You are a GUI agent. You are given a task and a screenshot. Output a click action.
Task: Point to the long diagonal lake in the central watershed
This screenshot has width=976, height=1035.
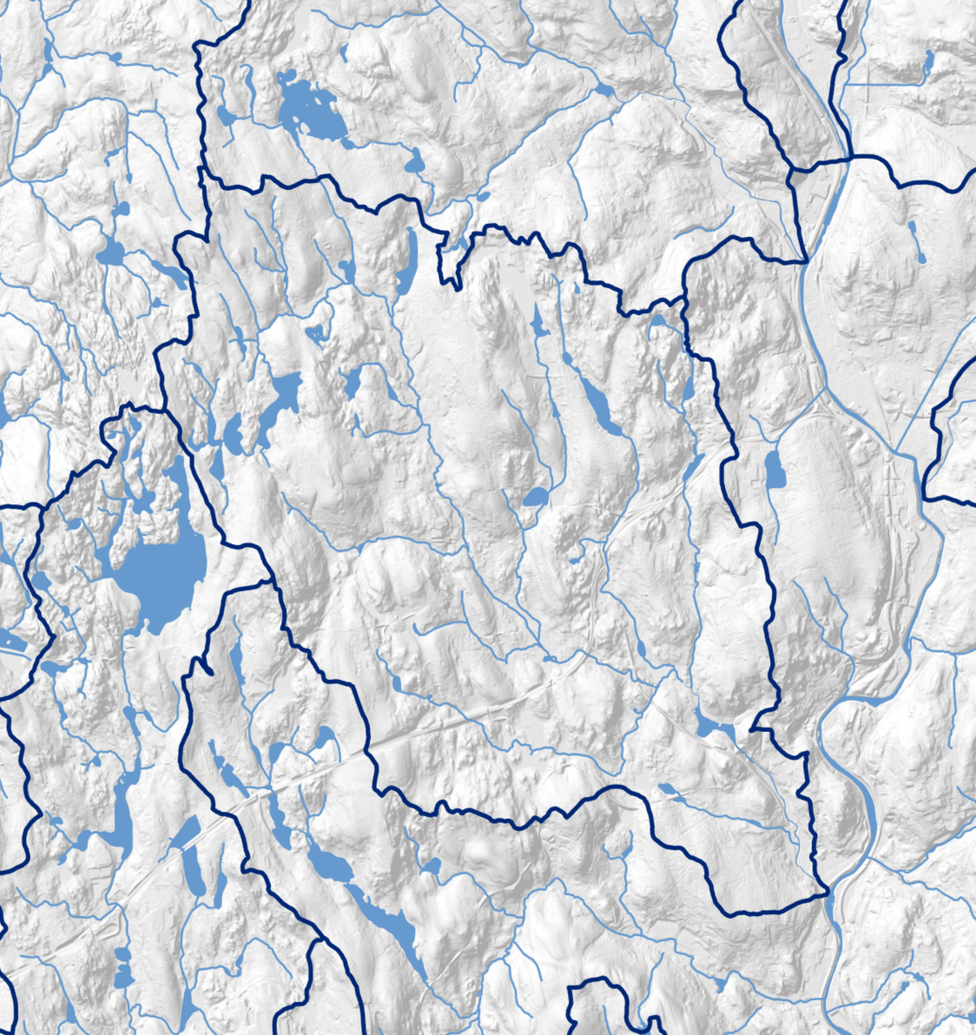600,406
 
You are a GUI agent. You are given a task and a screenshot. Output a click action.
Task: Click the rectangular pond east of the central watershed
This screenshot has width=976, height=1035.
775,469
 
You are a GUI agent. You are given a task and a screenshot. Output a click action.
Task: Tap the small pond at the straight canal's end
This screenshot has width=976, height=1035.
929,62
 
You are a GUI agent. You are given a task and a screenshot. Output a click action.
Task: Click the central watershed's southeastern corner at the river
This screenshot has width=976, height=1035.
827,891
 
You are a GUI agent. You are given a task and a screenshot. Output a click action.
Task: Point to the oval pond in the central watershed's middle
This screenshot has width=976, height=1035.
535,497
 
